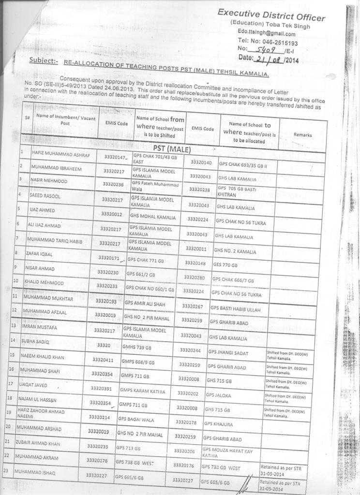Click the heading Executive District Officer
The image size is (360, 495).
point(271,15)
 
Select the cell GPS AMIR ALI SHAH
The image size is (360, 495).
point(145,303)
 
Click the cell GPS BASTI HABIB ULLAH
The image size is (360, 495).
point(235,308)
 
